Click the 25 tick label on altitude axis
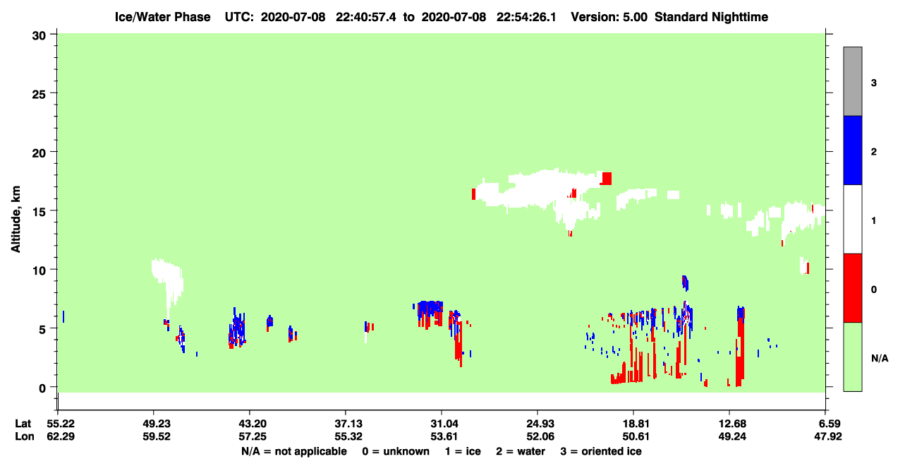(x=39, y=95)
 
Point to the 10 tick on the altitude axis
(x=54, y=269)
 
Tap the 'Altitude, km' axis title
(x=16, y=220)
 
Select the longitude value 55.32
(x=348, y=436)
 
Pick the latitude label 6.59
(x=827, y=424)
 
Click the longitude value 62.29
(x=61, y=436)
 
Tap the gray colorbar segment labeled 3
(x=852, y=81)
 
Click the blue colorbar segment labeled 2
(x=852, y=150)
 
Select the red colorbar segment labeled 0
(x=852, y=288)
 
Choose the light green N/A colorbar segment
(x=852, y=357)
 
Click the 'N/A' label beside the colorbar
(x=880, y=359)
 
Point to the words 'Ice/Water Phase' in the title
(x=162, y=17)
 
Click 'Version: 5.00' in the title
(x=609, y=17)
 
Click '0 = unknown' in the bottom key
(x=396, y=451)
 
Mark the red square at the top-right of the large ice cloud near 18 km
(x=607, y=179)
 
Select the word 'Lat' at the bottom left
(x=23, y=424)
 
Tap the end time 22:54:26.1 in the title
(x=526, y=17)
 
